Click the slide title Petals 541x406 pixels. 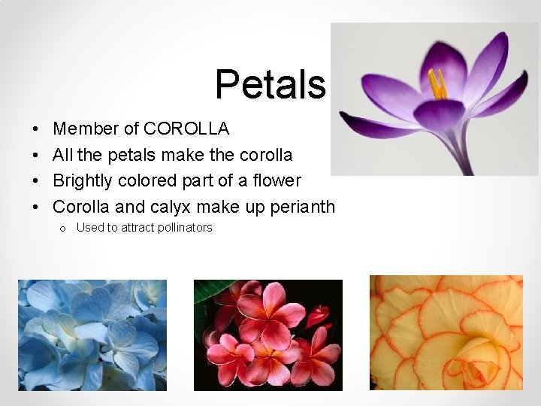click(x=270, y=84)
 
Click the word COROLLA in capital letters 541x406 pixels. click(x=186, y=129)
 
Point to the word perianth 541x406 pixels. click(x=302, y=208)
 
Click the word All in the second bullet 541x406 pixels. click(x=62, y=156)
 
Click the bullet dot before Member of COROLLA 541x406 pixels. click(x=36, y=130)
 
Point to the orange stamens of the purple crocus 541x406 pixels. click(x=436, y=84)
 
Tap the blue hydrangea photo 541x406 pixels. click(x=93, y=335)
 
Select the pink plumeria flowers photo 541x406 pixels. click(x=267, y=335)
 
